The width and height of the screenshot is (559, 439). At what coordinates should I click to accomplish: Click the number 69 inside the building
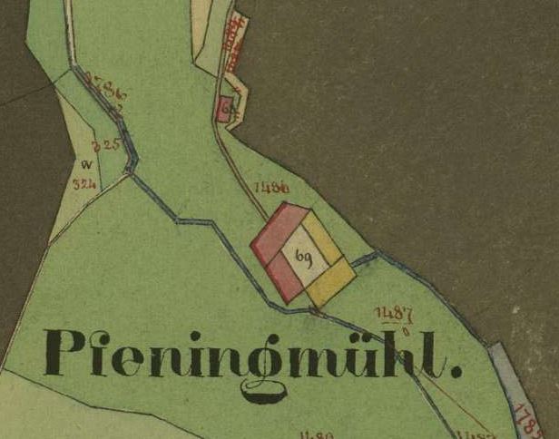tap(302, 259)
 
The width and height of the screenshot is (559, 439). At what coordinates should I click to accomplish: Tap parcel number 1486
tap(272, 188)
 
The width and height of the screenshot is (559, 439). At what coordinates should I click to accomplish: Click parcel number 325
tap(107, 145)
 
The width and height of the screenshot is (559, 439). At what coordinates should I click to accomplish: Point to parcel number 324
tap(84, 184)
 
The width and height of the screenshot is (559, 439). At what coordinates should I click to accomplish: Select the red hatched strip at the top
tap(235, 41)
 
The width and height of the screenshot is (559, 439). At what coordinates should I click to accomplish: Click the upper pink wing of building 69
tap(278, 229)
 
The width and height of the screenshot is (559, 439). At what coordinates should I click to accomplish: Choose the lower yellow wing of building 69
tap(329, 282)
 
